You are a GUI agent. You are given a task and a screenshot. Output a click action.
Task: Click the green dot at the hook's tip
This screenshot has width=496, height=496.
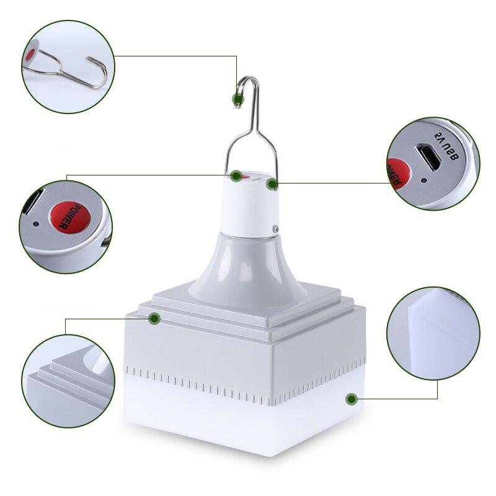click(236, 99)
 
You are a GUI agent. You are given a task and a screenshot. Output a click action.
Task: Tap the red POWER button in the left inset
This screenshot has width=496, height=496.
click(66, 216)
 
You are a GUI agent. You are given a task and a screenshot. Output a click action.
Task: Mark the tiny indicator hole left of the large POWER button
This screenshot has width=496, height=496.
click(37, 224)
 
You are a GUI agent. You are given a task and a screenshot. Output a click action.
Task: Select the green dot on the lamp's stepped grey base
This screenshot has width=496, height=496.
click(154, 318)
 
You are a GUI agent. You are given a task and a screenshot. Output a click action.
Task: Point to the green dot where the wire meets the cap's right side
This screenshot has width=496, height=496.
click(272, 184)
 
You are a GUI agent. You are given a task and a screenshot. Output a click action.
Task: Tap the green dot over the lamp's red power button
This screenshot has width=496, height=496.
click(236, 176)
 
